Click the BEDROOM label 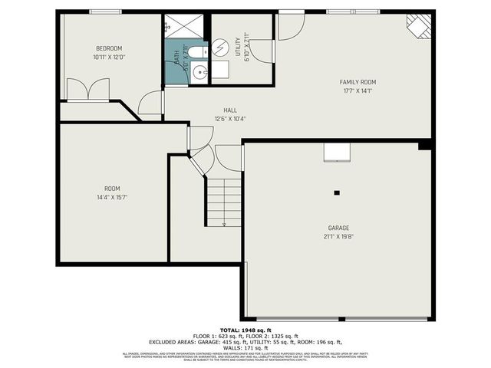[x=108, y=48]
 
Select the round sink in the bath [x=199, y=73]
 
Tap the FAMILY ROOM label [x=358, y=82]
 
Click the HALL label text [x=230, y=110]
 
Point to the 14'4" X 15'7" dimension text [x=112, y=197]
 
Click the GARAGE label [x=338, y=228]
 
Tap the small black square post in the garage [x=336, y=192]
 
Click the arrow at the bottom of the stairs [x=224, y=224]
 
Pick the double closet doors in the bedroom [x=89, y=90]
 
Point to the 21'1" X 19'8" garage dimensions [x=338, y=236]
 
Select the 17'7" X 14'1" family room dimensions [x=358, y=90]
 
